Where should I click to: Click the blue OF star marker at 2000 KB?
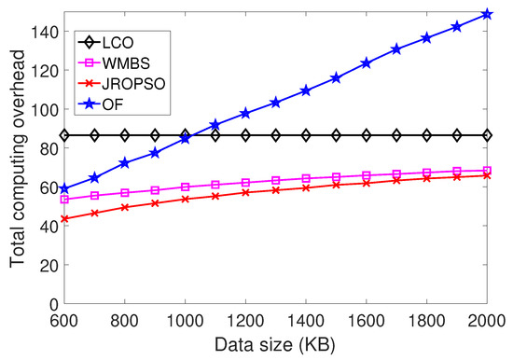coord(487,14)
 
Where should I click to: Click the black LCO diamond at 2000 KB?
coord(487,135)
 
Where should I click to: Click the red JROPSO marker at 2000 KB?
coord(487,175)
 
